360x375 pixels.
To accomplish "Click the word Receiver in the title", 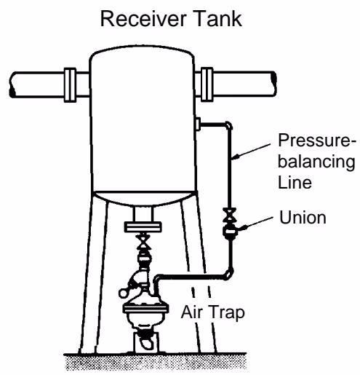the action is coord(143,19).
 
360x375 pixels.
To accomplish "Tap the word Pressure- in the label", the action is coord(317,141).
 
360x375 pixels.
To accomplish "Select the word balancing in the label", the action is coord(316,162).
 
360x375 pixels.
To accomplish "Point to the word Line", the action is coord(295,183).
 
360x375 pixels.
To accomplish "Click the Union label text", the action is coord(303,218).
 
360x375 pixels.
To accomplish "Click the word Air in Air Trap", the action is coord(189,312).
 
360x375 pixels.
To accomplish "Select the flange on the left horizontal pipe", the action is coord(70,85).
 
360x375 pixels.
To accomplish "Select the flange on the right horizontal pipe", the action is coord(207,84).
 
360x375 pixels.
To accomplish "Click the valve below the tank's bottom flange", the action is coord(143,242).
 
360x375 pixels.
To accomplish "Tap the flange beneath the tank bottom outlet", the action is coord(143,227).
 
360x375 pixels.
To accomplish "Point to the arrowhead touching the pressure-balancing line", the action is coord(236,157).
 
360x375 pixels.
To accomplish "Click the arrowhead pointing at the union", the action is coord(243,228).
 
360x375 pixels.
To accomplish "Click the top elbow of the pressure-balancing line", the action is coord(228,125).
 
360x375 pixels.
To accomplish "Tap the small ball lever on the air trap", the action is coord(124,293).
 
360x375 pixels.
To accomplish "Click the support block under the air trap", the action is coord(145,342).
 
